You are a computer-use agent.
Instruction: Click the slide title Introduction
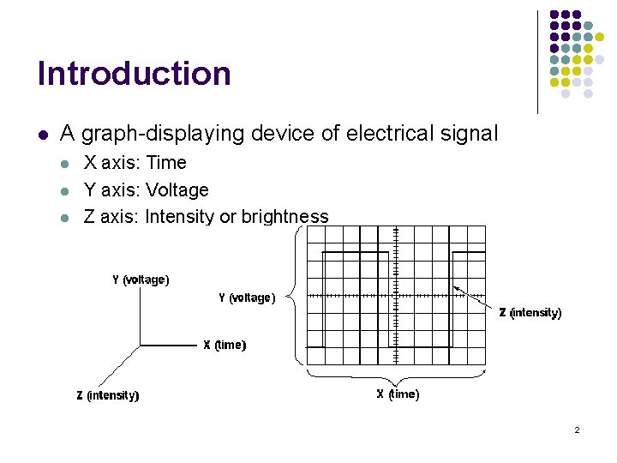tap(134, 74)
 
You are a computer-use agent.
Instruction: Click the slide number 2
tap(577, 430)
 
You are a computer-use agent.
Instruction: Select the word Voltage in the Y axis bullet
tap(177, 189)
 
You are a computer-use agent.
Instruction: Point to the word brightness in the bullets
tap(285, 217)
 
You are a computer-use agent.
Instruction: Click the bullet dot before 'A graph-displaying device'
tap(42, 135)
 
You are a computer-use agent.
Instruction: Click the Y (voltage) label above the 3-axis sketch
tap(141, 280)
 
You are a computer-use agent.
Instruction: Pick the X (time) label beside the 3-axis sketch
tap(225, 345)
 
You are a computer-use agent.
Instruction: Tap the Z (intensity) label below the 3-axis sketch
tap(108, 395)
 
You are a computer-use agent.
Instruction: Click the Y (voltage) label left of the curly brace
tap(247, 298)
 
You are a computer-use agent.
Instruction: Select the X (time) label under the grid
tap(398, 394)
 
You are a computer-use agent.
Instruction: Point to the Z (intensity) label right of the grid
tap(530, 313)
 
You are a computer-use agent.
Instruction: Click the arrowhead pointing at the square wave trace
tap(456, 289)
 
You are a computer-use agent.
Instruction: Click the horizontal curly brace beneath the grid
tap(397, 378)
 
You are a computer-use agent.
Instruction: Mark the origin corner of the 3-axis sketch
tap(141, 346)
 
